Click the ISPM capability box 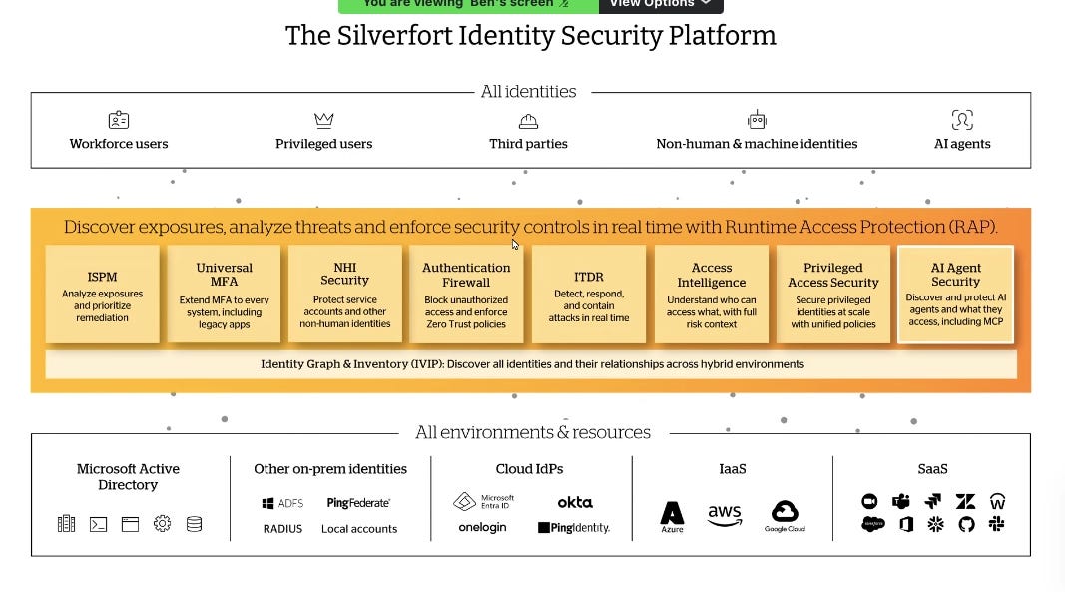tap(102, 294)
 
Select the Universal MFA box tap(224, 294)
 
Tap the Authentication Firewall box tap(466, 294)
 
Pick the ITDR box tap(588, 294)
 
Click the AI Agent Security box tap(955, 294)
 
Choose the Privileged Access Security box tap(832, 294)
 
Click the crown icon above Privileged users tap(323, 121)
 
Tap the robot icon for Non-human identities tap(757, 120)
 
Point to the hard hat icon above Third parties tap(528, 121)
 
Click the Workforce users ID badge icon tap(119, 121)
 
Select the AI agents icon tap(961, 121)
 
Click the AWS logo tap(725, 515)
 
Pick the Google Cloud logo tap(785, 515)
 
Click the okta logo tap(574, 502)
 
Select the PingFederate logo tap(358, 503)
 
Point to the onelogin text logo tap(482, 528)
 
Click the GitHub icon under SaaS tap(965, 524)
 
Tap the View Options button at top tap(660, 4)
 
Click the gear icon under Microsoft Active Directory tap(162, 523)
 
